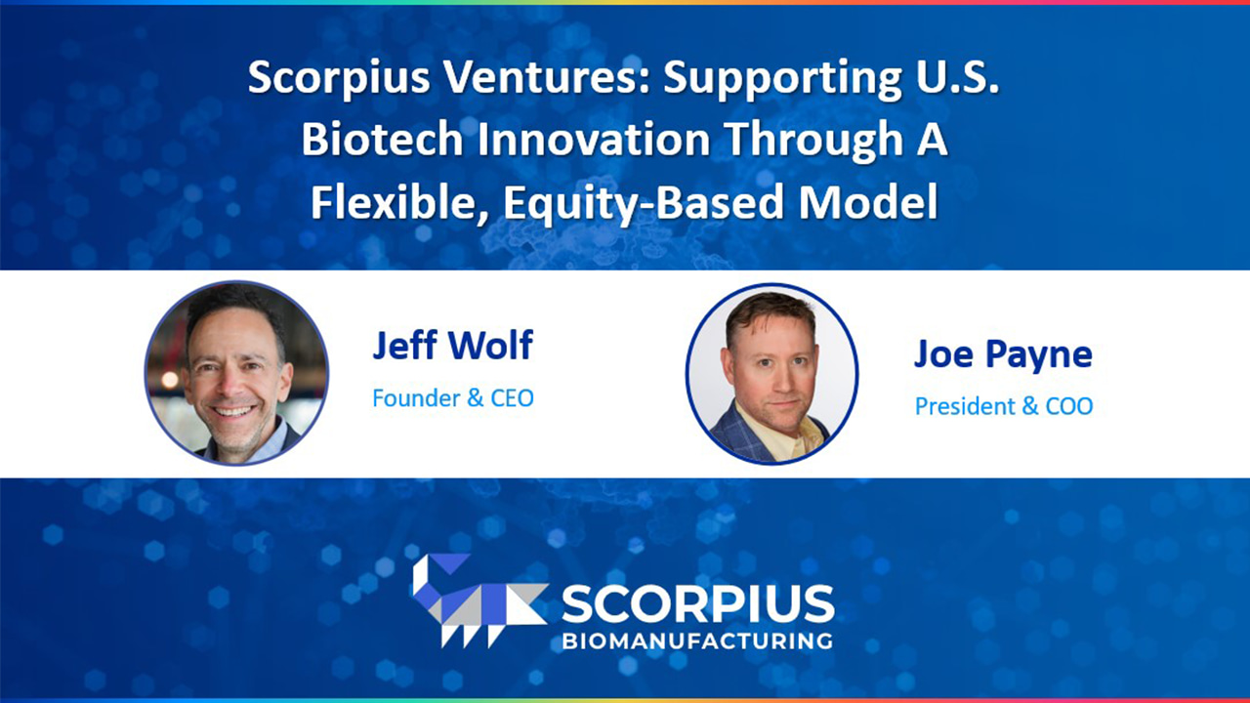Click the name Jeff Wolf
coord(452,346)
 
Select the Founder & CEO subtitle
coord(452,397)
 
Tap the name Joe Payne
coord(1003,353)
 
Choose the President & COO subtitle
coord(1003,406)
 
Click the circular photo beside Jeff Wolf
coord(236,372)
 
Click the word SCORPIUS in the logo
coord(697,605)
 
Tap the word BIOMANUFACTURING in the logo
coord(697,641)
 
